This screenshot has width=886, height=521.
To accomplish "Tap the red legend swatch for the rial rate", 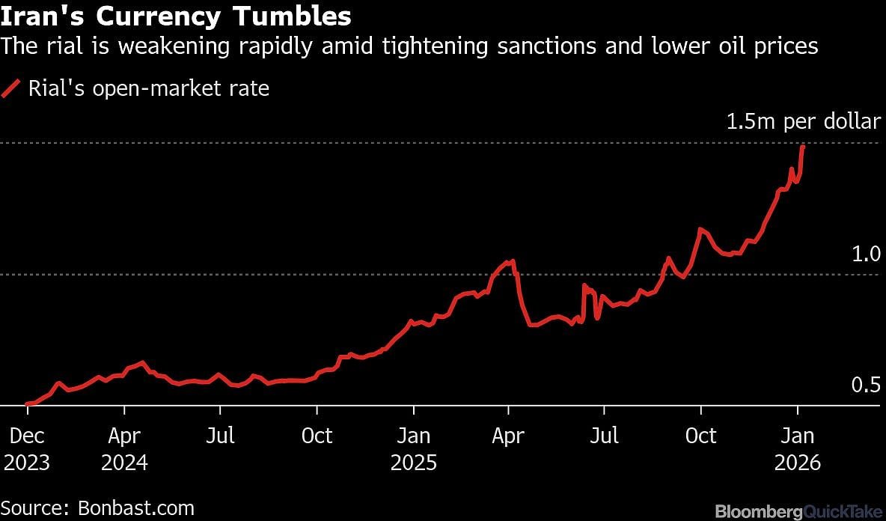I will click(x=11, y=89).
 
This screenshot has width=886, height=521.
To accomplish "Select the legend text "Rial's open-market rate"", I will click(x=148, y=89).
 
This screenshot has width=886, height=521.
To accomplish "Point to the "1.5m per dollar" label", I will click(x=804, y=122).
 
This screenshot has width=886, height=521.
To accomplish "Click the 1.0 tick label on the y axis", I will click(x=867, y=255).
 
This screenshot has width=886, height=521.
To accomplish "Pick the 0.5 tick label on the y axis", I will click(x=867, y=386).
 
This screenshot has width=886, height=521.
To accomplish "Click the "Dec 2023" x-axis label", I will click(x=27, y=448).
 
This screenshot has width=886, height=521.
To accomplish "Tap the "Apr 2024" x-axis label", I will click(x=124, y=448).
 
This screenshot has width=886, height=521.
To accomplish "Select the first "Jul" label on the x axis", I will click(x=220, y=436).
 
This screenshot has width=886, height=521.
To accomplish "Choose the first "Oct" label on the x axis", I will click(x=317, y=436).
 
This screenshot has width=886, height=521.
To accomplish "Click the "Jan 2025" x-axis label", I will click(x=413, y=448).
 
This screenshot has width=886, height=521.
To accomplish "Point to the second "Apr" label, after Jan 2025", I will click(x=508, y=436).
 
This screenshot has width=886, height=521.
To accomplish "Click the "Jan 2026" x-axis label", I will click(x=798, y=448).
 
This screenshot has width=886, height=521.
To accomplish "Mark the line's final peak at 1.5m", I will click(x=803, y=146).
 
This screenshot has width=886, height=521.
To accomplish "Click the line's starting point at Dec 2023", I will click(x=27, y=404).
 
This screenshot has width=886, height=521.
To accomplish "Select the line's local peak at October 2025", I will click(x=700, y=229).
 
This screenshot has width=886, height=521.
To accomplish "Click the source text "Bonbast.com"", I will click(x=135, y=508).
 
